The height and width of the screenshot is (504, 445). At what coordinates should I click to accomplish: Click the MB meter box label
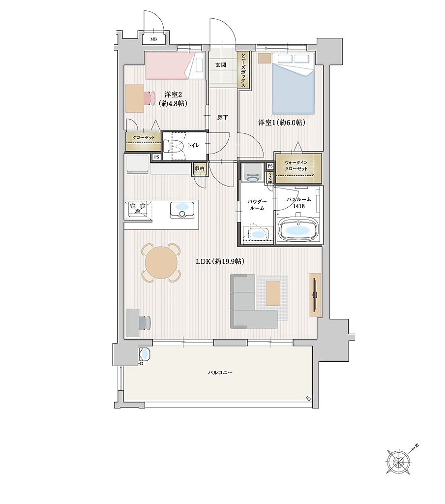point(153,40)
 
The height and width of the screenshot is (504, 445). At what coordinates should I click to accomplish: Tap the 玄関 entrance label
point(221,65)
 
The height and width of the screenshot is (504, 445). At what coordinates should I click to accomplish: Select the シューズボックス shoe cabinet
point(243,70)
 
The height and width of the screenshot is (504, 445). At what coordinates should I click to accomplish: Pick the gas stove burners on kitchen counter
point(138,209)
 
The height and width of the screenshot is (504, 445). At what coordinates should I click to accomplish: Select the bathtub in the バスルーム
point(298,230)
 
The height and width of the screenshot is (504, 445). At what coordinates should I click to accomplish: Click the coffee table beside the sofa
point(273,293)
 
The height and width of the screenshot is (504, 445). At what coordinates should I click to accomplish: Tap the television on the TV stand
point(314,295)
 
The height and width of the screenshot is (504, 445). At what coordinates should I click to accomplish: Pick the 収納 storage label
point(199,168)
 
